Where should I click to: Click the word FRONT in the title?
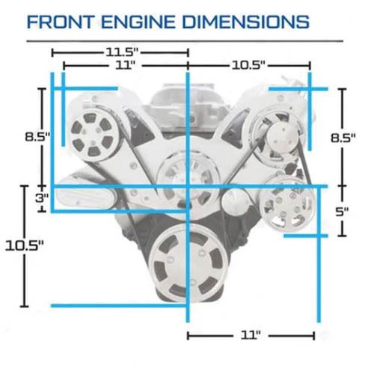pyautogui.click(x=61, y=22)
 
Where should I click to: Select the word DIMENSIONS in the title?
pyautogui.click(x=246, y=22)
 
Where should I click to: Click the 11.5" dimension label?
pyautogui.click(x=122, y=52)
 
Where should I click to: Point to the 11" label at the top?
pyautogui.click(x=125, y=66)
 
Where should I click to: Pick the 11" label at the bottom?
pyautogui.click(x=251, y=335)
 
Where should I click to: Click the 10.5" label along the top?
pyautogui.click(x=248, y=66)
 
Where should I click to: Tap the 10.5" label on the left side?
pyautogui.click(x=25, y=245)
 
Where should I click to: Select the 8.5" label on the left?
pyautogui.click(x=37, y=137)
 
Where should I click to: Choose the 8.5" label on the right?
pyautogui.click(x=343, y=138)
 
